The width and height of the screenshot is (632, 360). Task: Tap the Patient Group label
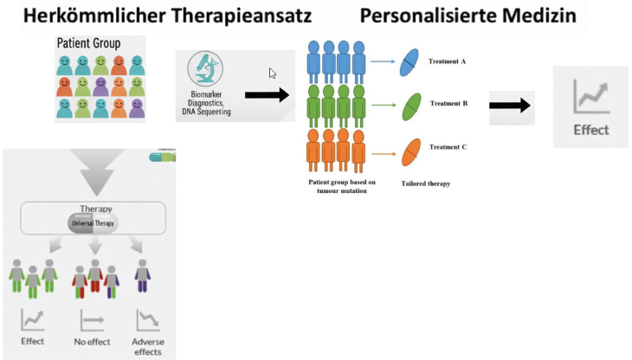pos(88,43)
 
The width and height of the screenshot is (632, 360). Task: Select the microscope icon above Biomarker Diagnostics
pos(205,69)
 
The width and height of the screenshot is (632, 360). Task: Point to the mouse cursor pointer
pos(273,74)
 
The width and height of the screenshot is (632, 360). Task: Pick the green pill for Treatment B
pos(410,106)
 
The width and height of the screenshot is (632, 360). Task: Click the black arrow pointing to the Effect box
pos(511,106)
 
